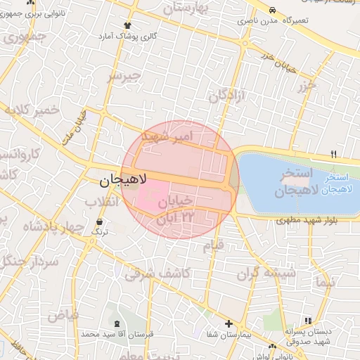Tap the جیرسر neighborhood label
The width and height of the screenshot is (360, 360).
point(124,75)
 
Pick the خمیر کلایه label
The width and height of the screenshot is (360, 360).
point(32,110)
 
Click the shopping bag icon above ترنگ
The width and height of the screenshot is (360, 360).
point(98,224)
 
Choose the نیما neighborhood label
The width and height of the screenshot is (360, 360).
point(325,284)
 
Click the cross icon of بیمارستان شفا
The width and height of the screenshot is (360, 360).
point(228,323)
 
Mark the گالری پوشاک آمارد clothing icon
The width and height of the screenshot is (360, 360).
point(127,25)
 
